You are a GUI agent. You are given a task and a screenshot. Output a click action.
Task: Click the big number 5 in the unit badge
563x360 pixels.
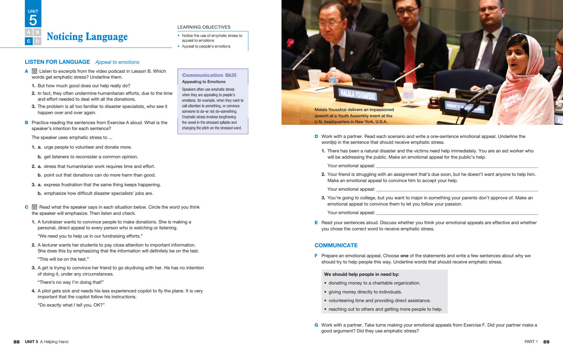point(33,20)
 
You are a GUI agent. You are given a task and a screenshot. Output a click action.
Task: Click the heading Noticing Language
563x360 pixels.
point(87,37)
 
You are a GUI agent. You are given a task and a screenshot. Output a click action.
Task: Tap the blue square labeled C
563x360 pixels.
point(29,41)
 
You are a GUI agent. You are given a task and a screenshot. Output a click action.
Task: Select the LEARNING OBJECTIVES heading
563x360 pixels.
point(204,27)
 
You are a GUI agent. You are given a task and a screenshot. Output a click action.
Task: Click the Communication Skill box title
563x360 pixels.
point(209,75)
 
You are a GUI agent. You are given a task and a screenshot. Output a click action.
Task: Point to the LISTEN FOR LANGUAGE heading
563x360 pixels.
point(57,62)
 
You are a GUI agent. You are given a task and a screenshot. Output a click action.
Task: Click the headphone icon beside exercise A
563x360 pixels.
point(34,71)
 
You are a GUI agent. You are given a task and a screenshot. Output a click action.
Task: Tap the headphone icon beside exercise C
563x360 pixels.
point(34,207)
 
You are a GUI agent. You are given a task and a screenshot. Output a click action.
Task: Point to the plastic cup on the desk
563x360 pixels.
point(314,78)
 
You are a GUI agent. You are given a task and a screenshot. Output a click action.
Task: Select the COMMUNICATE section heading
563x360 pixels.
point(336,246)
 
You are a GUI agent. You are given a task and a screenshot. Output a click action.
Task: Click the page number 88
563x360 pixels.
point(17,342)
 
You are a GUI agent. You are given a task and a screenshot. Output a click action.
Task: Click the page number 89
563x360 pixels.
point(546,342)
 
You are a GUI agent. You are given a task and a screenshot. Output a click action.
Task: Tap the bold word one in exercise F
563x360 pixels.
point(404,256)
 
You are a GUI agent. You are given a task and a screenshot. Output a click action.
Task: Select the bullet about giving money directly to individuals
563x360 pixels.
point(365,292)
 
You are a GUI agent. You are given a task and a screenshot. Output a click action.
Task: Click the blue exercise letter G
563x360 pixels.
point(316,325)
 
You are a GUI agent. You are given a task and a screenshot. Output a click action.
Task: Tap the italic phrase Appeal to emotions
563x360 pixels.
point(117,62)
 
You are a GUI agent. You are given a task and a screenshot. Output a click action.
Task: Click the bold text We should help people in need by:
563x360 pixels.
point(362,274)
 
